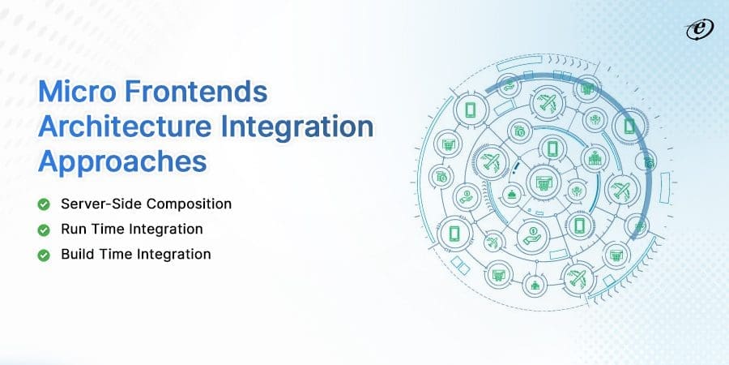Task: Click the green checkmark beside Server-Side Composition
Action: [x=44, y=204]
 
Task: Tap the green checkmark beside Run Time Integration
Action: [x=44, y=229]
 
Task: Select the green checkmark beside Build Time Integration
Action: [x=44, y=254]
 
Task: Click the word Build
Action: [x=78, y=254]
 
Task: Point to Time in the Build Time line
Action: [x=117, y=254]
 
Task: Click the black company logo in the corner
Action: [x=696, y=28]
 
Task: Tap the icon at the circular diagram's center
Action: [x=538, y=179]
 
